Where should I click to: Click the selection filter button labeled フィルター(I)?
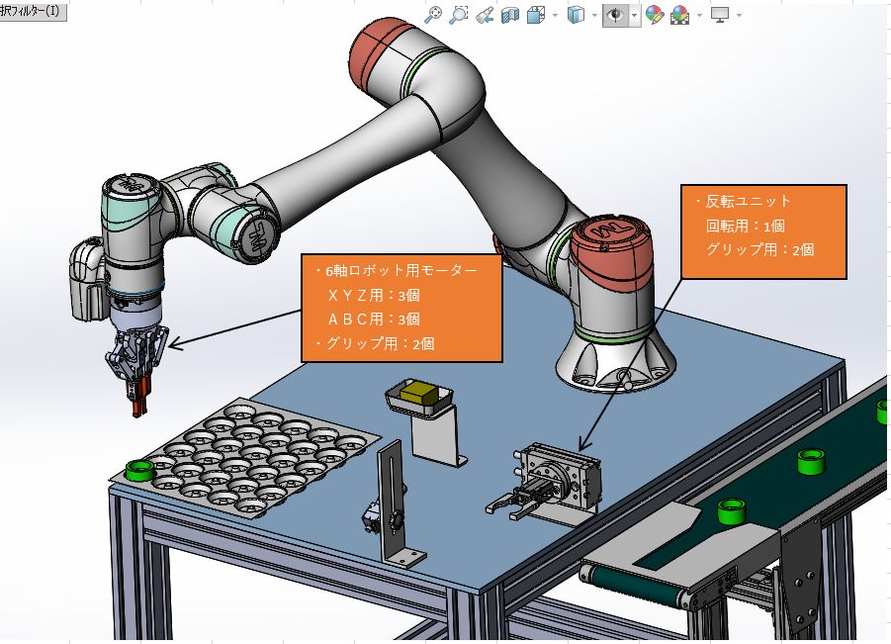[33, 11]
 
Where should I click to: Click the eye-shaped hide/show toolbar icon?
[615, 16]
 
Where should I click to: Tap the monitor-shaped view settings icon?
[720, 16]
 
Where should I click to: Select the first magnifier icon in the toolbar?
[433, 16]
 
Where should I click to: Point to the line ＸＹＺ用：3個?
[374, 295]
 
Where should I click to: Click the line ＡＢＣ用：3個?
[374, 319]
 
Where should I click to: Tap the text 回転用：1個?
[746, 226]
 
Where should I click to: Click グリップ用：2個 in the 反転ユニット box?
[759, 249]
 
